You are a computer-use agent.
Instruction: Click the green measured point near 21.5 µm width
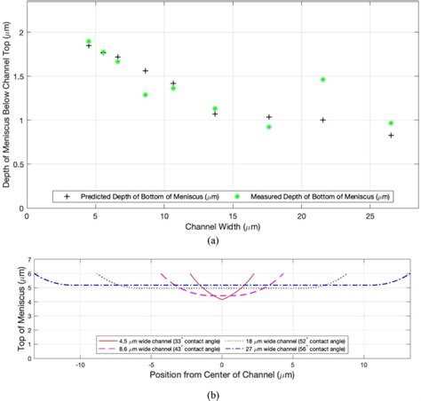(323, 79)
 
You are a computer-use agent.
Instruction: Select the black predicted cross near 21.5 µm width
(323, 120)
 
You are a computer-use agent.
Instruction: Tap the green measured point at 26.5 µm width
(391, 122)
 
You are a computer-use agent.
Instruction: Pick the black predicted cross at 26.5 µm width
(391, 135)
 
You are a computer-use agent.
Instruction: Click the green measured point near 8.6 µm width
(146, 94)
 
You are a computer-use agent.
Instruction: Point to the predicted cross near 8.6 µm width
(146, 70)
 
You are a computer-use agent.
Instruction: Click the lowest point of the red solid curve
(221, 299)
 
